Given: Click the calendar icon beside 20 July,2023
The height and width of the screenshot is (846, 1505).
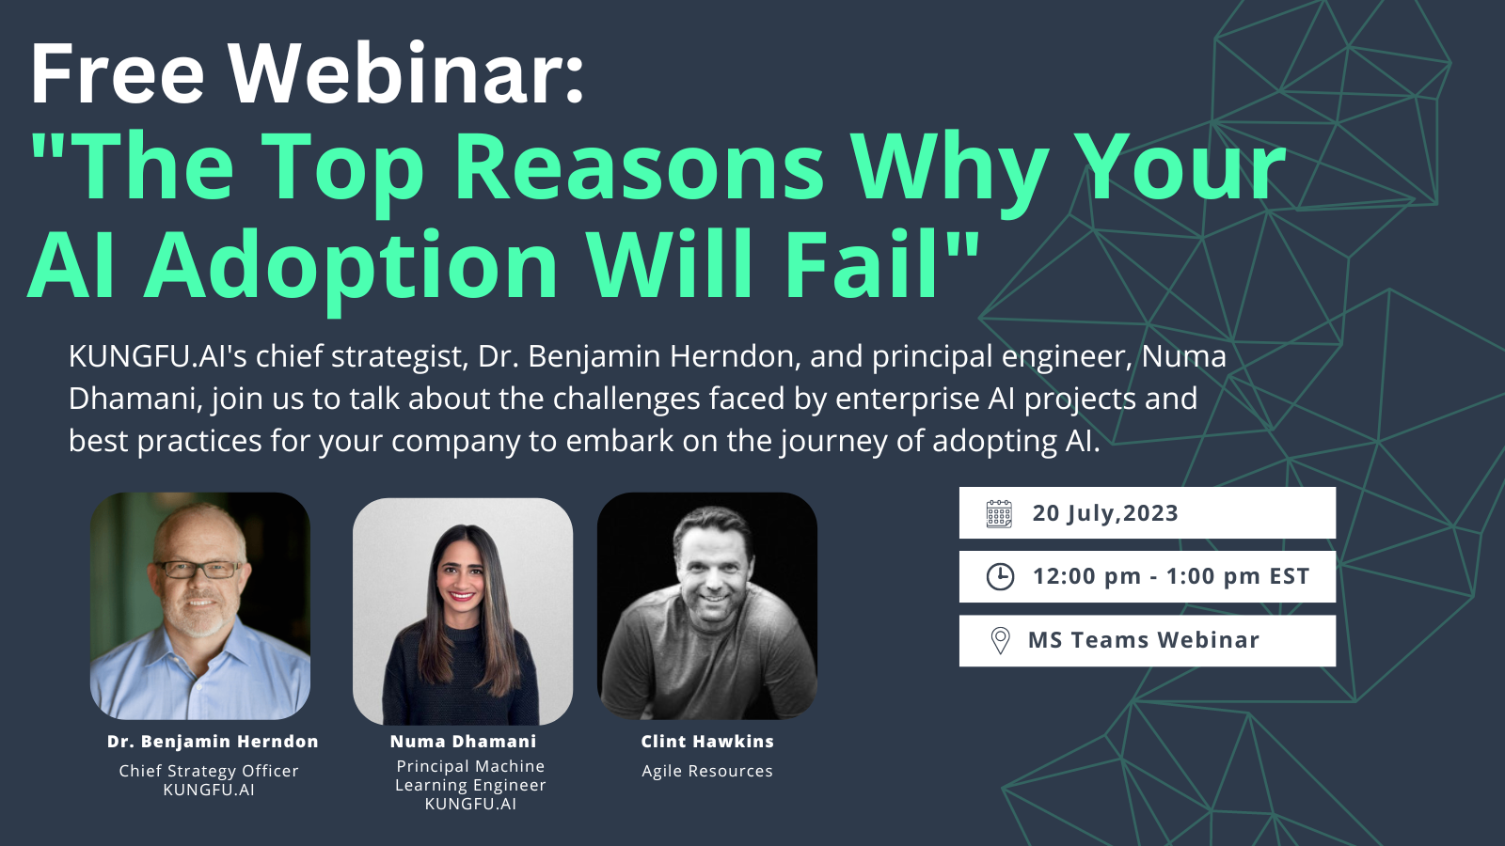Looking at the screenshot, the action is pyautogui.click(x=999, y=513).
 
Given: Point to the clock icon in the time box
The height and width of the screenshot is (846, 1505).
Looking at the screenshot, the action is pyautogui.click(x=1000, y=577).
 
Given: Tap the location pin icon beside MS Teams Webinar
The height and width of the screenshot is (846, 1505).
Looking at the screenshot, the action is pyautogui.click(x=1001, y=640).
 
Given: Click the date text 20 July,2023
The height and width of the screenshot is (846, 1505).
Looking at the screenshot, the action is pyautogui.click(x=1105, y=513).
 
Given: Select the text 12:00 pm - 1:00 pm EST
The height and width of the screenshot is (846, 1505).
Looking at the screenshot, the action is pyautogui.click(x=1171, y=576).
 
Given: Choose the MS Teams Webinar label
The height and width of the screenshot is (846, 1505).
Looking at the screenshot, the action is pyautogui.click(x=1144, y=640).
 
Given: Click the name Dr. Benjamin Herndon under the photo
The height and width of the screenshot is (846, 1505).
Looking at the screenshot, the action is pyautogui.click(x=213, y=742).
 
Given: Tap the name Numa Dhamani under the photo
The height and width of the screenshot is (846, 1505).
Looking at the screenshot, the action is pyautogui.click(x=463, y=742).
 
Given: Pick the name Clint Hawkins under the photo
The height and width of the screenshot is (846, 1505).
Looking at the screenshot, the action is pyautogui.click(x=707, y=742).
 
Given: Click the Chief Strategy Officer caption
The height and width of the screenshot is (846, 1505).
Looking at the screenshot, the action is pyautogui.click(x=209, y=771).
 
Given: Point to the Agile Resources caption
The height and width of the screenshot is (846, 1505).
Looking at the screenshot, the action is pyautogui.click(x=707, y=771).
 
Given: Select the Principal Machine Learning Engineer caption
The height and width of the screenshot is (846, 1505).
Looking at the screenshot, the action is pyautogui.click(x=470, y=775).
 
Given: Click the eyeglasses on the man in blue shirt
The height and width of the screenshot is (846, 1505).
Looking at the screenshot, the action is pyautogui.click(x=199, y=570).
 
